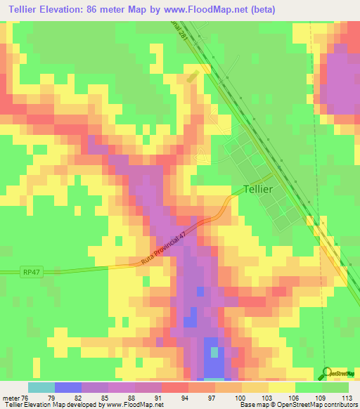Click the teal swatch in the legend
click(41, 387)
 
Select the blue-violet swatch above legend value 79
click(68, 387)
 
